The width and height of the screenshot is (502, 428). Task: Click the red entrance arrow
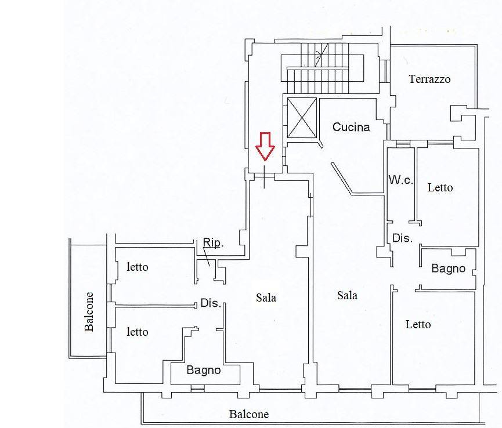coord(265,146)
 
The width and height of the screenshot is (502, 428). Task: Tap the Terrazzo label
coord(429,79)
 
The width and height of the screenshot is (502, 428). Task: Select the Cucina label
coord(351,127)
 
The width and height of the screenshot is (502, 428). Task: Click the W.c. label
coord(401,180)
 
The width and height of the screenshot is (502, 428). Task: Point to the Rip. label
coord(213,243)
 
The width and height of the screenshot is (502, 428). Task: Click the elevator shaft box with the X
coord(302,118)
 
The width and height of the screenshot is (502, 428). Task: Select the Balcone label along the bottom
coord(249,414)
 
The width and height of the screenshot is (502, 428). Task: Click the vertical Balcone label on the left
coord(89,311)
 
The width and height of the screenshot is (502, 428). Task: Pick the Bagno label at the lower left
coord(204,370)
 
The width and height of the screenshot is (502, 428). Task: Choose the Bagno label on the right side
coord(448,268)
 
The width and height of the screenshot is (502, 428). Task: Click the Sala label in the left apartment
coord(266,298)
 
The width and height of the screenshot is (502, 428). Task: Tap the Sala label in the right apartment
coord(348,295)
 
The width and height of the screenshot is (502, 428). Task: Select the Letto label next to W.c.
coord(440,187)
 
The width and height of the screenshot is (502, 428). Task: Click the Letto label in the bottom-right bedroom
coord(418,324)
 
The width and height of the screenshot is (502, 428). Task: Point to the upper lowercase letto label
coord(138,267)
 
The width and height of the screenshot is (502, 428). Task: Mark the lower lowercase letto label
coord(138,332)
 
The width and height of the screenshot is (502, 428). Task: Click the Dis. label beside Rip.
coord(211,303)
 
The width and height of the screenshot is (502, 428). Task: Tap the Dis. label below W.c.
coord(402,238)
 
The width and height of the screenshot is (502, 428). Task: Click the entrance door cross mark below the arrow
coord(265,176)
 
